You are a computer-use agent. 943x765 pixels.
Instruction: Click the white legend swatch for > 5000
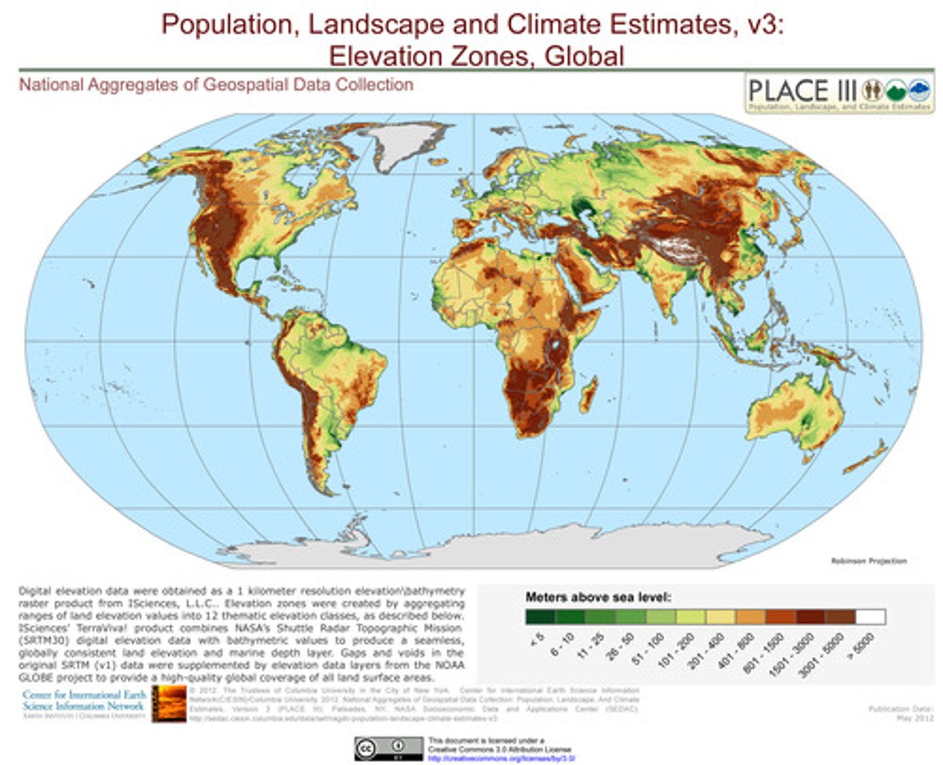(870, 616)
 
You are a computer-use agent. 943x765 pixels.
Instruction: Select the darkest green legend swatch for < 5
(540, 616)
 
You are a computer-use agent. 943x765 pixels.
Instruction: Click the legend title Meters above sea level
(598, 597)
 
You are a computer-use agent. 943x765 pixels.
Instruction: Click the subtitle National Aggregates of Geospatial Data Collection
(216, 84)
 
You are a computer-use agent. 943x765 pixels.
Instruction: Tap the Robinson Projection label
(868, 561)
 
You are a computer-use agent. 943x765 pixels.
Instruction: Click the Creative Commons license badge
(389, 748)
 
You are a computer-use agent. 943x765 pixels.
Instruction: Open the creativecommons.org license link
(502, 758)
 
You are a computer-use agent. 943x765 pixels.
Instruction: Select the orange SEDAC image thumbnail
(169, 703)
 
